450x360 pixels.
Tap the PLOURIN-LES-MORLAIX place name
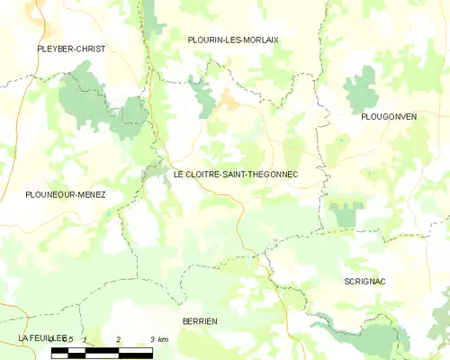(x=233, y=40)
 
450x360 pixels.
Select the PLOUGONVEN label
(x=388, y=117)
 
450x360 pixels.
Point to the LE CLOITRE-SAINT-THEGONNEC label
(x=235, y=172)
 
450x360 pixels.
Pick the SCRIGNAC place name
(x=364, y=282)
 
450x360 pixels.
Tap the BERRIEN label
(x=200, y=320)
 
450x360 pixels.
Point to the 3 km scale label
(x=158, y=339)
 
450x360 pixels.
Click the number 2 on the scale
(x=119, y=339)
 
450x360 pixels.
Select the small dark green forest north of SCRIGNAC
(x=346, y=214)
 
